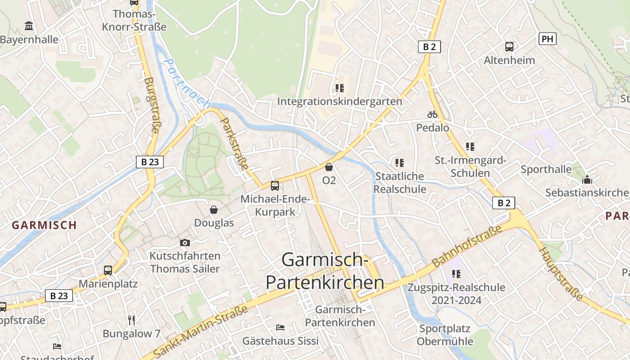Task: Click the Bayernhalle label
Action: (29, 40)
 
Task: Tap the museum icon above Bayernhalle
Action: (29, 26)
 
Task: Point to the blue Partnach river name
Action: (187, 84)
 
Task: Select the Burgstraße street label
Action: (152, 105)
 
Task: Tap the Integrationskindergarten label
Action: (339, 101)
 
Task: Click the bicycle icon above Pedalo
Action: (432, 114)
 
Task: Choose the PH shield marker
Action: (547, 39)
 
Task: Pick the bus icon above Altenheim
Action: (509, 46)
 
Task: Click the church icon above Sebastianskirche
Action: (587, 180)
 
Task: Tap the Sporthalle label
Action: (546, 170)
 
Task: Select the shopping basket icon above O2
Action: (329, 167)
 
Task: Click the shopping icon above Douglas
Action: (214, 210)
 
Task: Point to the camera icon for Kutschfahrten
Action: (184, 243)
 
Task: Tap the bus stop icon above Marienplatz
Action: (108, 270)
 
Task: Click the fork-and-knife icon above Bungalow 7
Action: (131, 320)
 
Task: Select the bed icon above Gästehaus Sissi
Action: (280, 327)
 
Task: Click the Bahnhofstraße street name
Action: (467, 246)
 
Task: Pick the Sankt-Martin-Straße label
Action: (201, 332)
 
